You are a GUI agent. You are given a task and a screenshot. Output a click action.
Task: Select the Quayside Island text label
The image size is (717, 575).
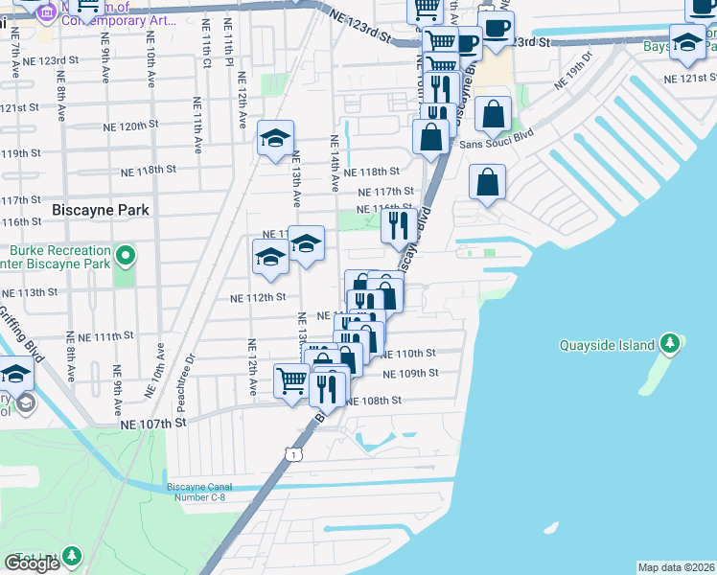coord(609,345)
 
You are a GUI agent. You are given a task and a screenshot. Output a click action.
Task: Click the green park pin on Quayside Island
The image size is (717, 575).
coord(671,344)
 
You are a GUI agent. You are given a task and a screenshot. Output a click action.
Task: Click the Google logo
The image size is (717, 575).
coord(33,563)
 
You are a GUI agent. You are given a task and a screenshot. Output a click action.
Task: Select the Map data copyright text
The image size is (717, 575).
coord(676,567)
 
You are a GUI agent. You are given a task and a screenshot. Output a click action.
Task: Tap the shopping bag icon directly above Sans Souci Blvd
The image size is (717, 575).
coord(493,115)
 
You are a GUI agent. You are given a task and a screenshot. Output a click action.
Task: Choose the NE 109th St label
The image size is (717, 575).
coord(410,373)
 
